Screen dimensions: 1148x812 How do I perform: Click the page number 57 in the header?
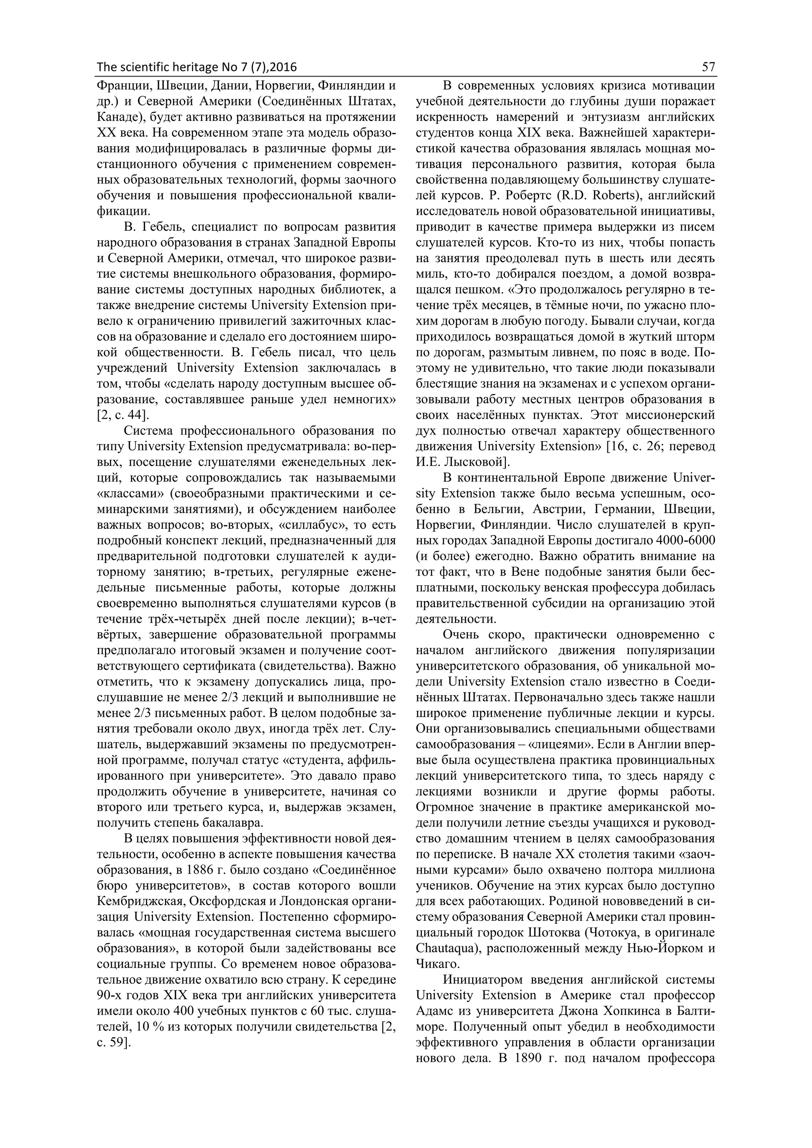coord(708,67)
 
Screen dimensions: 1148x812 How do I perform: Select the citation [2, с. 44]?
coord(123,415)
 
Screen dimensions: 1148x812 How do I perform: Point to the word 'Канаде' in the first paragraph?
coord(115,118)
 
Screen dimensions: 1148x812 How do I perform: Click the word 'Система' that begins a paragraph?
coord(147,431)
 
